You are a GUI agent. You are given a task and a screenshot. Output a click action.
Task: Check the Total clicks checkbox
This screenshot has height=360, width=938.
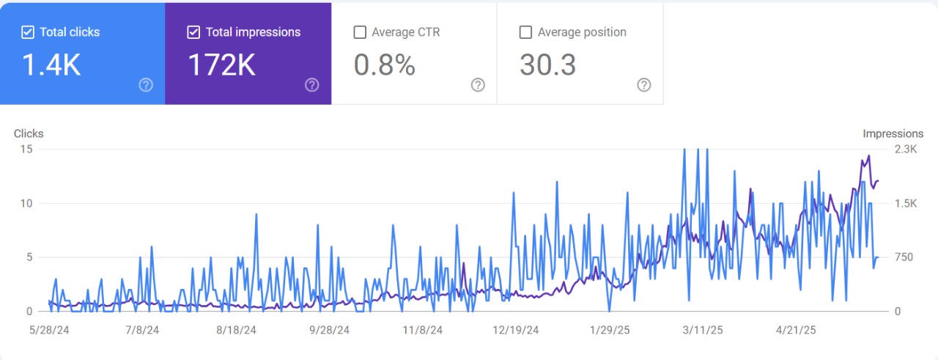click(28, 32)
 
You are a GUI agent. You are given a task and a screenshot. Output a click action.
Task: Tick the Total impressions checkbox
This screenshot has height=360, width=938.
click(193, 32)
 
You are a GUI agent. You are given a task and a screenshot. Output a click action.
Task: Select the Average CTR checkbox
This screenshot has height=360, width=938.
click(360, 32)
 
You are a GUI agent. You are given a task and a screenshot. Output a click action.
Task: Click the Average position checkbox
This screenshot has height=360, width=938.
click(525, 32)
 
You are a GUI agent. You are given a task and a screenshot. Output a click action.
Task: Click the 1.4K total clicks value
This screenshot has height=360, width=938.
click(51, 65)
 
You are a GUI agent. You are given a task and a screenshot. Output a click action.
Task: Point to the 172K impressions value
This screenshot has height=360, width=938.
click(221, 65)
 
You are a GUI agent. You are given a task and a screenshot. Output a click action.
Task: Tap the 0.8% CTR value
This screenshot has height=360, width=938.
click(385, 65)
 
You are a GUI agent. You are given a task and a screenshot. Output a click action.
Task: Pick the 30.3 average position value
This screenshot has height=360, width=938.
click(547, 65)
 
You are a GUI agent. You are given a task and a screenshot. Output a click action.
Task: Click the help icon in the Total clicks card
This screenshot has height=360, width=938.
click(146, 85)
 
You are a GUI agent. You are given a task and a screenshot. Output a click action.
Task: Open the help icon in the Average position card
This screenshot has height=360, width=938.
click(643, 85)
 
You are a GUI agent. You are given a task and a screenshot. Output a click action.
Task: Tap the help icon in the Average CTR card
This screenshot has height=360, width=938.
click(478, 85)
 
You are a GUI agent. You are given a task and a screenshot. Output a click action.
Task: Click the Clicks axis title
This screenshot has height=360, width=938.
click(29, 133)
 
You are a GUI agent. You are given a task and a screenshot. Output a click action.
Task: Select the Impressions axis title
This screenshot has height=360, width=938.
click(893, 133)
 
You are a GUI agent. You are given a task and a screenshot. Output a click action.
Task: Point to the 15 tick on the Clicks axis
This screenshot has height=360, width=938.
click(26, 149)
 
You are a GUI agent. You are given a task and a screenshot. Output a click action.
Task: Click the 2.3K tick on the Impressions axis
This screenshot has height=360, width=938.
click(906, 149)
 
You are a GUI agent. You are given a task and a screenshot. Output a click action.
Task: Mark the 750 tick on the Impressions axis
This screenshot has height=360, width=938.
click(904, 257)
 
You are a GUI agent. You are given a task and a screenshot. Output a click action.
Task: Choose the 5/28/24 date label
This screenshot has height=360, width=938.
click(49, 330)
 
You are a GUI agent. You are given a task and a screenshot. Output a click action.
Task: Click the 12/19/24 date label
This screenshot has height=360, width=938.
click(515, 330)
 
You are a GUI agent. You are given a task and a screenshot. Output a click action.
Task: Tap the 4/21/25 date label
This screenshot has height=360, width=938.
click(796, 330)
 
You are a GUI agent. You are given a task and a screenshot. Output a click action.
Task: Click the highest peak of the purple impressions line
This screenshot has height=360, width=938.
click(869, 156)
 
